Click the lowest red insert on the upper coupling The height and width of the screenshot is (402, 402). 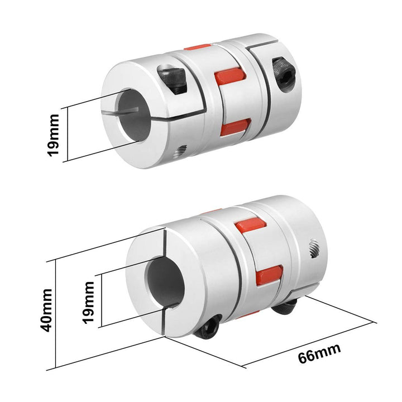[x=229, y=128]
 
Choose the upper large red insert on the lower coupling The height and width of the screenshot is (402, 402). [x=251, y=226]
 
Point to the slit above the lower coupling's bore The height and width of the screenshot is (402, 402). [x=165, y=244]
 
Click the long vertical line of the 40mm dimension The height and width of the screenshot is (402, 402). [x=56, y=314]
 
